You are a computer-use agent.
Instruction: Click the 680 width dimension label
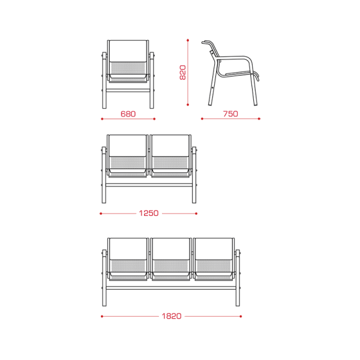tap(128, 114)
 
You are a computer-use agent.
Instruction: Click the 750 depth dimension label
tap(230, 113)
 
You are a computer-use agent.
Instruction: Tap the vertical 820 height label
tap(182, 73)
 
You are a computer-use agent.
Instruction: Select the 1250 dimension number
tap(149, 213)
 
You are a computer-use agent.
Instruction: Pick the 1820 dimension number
tap(172, 316)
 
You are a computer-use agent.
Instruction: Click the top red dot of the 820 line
tap(188, 40)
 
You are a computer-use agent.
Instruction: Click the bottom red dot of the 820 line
tap(188, 104)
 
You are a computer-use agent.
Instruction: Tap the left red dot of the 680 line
tap(102, 119)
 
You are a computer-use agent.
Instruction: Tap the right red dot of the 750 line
tap(259, 119)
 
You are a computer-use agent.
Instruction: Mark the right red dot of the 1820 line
tap(241, 316)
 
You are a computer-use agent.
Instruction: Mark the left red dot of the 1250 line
tap(101, 214)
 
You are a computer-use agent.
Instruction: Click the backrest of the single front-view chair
tap(128, 51)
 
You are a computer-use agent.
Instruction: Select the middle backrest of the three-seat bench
tap(170, 248)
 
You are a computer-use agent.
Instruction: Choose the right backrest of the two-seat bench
tap(170, 146)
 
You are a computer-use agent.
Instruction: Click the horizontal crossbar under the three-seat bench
tap(171, 288)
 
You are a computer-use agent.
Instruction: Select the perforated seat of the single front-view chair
tap(128, 68)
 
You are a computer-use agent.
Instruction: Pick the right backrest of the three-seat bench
tap(214, 248)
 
